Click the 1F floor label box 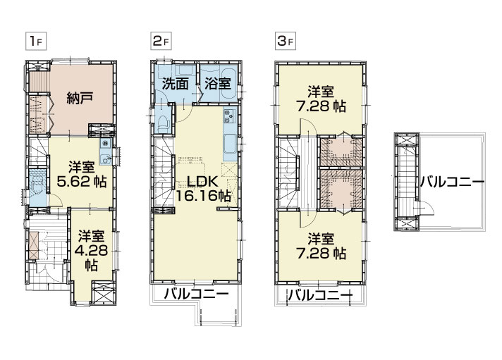36,42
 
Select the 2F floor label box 161,42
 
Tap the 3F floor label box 286,42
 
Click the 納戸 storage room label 80,98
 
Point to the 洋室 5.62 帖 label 82,175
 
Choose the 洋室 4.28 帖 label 91,251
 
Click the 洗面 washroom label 175,84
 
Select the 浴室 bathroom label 218,84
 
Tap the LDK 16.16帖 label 202,189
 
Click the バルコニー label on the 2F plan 196,294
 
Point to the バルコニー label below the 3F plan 320,295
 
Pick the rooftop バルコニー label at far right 452,182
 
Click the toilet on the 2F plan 163,123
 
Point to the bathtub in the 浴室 228,83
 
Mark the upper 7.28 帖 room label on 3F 322,99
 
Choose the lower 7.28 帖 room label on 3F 322,246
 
